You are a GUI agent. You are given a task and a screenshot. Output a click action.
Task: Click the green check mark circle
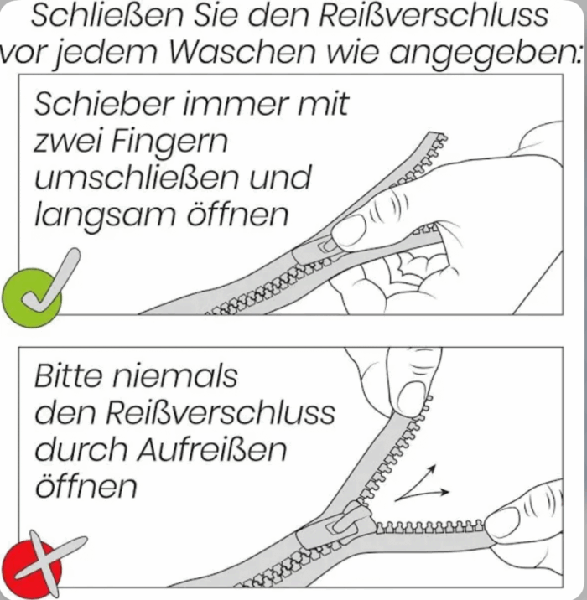pyautogui.click(x=31, y=297)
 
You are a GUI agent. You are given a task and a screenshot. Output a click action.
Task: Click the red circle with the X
pyautogui.click(x=31, y=568)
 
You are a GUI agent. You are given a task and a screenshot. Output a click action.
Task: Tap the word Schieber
pyautogui.click(x=104, y=103)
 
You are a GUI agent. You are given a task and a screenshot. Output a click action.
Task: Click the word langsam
pyautogui.click(x=105, y=215)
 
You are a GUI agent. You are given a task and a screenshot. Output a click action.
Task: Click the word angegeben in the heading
pyautogui.click(x=485, y=54)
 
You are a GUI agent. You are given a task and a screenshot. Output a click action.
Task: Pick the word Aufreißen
pyautogui.click(x=212, y=449)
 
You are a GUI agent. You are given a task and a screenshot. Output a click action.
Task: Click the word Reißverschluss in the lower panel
pyautogui.click(x=221, y=413)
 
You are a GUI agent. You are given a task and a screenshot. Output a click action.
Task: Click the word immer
pyautogui.click(x=236, y=103)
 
